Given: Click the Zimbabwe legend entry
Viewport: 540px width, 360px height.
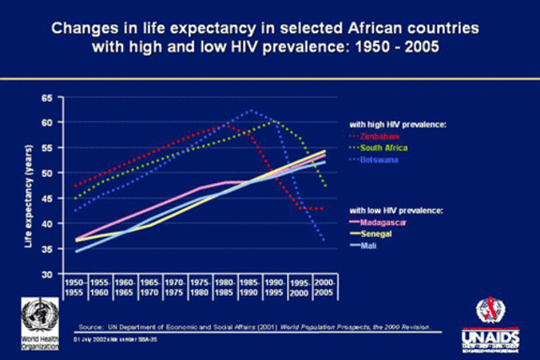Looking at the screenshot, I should click(x=381, y=135).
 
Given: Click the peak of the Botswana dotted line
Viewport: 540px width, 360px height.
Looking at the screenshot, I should click(x=250, y=110).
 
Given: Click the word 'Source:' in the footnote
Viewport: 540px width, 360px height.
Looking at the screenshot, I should click(x=90, y=325).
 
